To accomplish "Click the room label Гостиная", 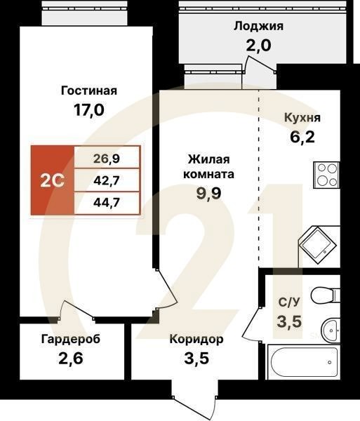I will click(x=88, y=91).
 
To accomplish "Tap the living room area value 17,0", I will click(x=88, y=110).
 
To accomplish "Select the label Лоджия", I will click(x=258, y=27).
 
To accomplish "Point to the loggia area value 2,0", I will click(x=258, y=46).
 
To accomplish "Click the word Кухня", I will click(x=303, y=117).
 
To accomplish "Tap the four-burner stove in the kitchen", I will click(x=325, y=173).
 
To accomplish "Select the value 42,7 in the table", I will click(x=107, y=180).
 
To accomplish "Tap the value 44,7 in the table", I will click(x=107, y=204).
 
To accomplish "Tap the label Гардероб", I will click(x=70, y=340).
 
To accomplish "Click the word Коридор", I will click(x=196, y=340).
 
